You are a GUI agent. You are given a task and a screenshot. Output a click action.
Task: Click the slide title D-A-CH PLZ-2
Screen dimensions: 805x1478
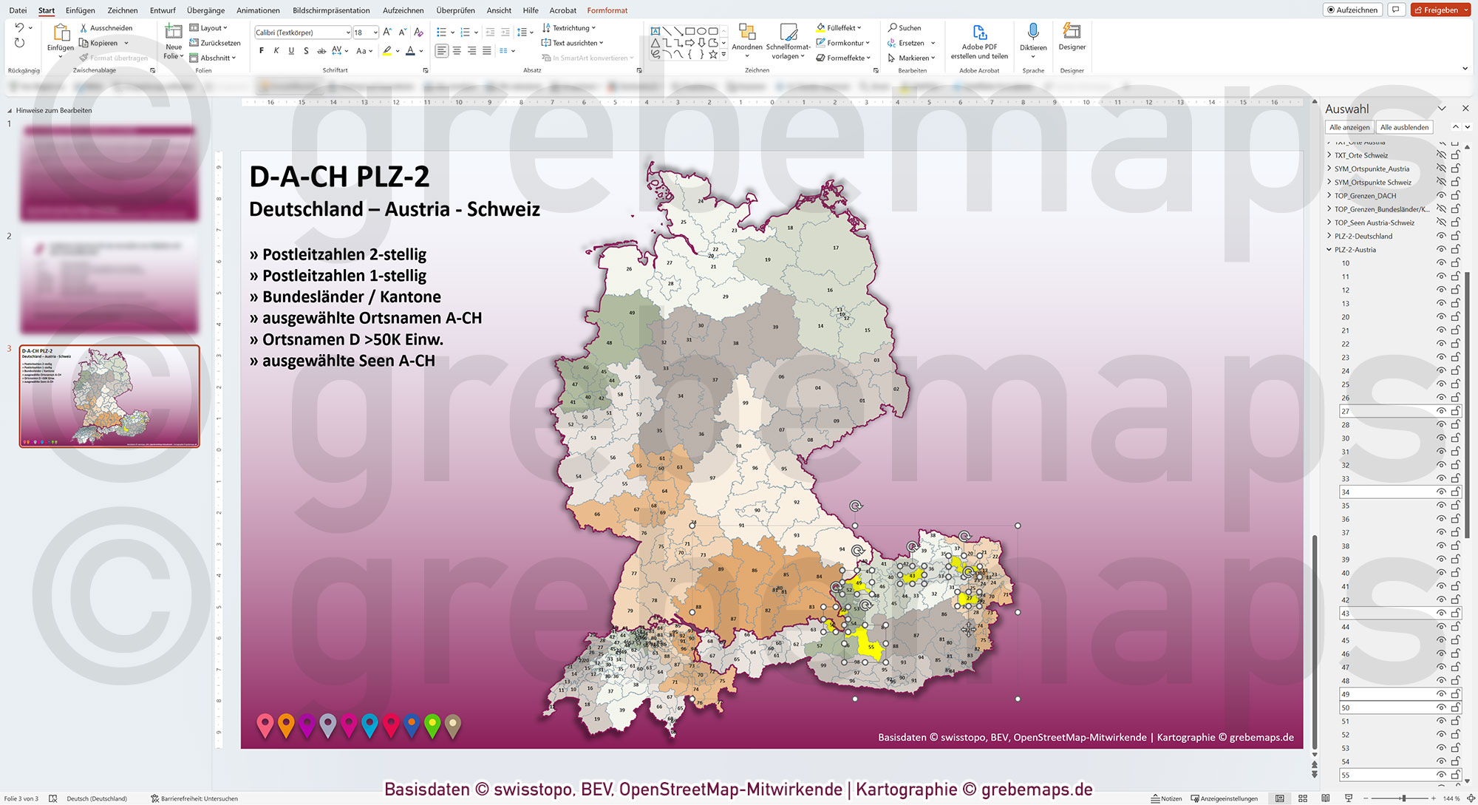(339, 177)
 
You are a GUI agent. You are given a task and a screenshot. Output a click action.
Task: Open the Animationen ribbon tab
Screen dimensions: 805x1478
(258, 10)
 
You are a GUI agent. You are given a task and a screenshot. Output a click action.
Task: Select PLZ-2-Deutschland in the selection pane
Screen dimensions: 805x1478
(1363, 237)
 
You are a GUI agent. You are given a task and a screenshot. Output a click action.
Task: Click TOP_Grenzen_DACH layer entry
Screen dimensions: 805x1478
(1365, 196)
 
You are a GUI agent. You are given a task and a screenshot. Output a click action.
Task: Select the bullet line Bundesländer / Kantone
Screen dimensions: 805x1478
(351, 297)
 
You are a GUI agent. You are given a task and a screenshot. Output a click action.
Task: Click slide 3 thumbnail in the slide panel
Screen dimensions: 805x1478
(109, 396)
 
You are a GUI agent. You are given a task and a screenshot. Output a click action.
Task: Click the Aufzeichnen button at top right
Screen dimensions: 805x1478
(1352, 10)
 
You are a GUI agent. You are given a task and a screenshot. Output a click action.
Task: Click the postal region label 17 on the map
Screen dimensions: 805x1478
(836, 248)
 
